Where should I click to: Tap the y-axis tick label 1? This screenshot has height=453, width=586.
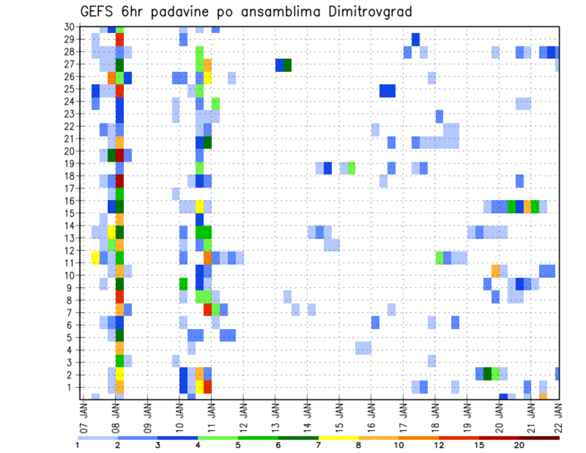tap(71, 387)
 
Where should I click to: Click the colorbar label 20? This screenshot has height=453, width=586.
tap(519, 445)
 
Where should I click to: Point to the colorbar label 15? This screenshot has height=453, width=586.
tap(479, 445)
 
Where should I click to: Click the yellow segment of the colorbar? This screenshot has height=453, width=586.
tap(338, 438)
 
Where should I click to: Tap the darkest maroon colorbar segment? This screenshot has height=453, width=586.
tap(540, 438)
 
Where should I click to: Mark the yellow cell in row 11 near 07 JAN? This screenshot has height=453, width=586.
tap(95, 258)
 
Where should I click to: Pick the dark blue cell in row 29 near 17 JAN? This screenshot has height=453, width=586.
tap(416, 39)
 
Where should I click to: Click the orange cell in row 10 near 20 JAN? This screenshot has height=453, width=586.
tap(495, 270)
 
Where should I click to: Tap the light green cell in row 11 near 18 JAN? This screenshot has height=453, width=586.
tap(440, 258)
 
